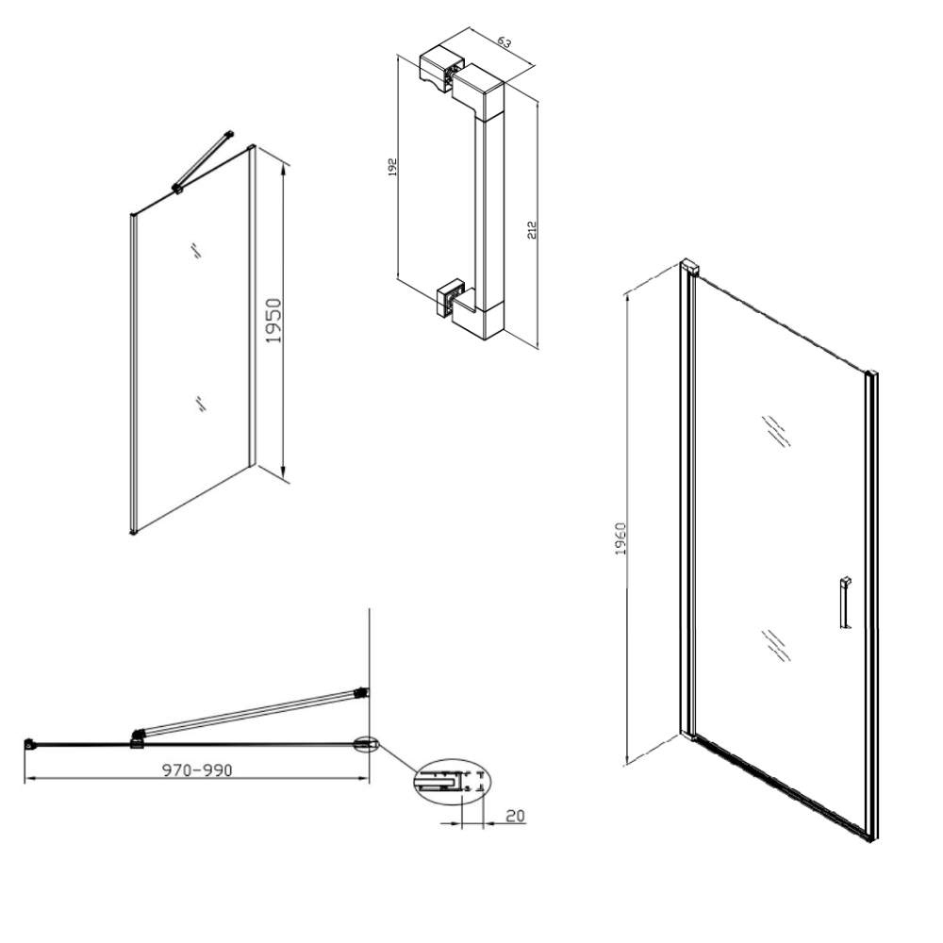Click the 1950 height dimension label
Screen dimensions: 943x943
(x=274, y=321)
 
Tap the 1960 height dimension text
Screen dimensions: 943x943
(x=621, y=538)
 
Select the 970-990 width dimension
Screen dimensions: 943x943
(x=197, y=769)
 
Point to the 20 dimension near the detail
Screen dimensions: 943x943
(x=516, y=816)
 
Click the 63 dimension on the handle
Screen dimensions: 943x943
(x=504, y=42)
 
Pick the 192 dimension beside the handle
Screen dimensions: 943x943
(x=392, y=167)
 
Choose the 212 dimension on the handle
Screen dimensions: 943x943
(x=532, y=230)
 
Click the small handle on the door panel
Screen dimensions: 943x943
(x=846, y=604)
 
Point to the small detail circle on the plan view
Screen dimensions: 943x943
(x=366, y=745)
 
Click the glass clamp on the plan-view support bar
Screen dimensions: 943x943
(x=139, y=738)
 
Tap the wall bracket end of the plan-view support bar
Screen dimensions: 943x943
(x=363, y=693)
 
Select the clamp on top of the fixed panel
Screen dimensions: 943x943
(x=177, y=189)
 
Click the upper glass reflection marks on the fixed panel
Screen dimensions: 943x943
(x=195, y=250)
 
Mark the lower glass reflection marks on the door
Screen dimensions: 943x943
(x=776, y=645)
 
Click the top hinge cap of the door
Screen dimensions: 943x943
(x=690, y=267)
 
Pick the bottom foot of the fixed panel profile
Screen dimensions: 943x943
(x=134, y=532)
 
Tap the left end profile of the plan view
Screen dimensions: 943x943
(x=28, y=744)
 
